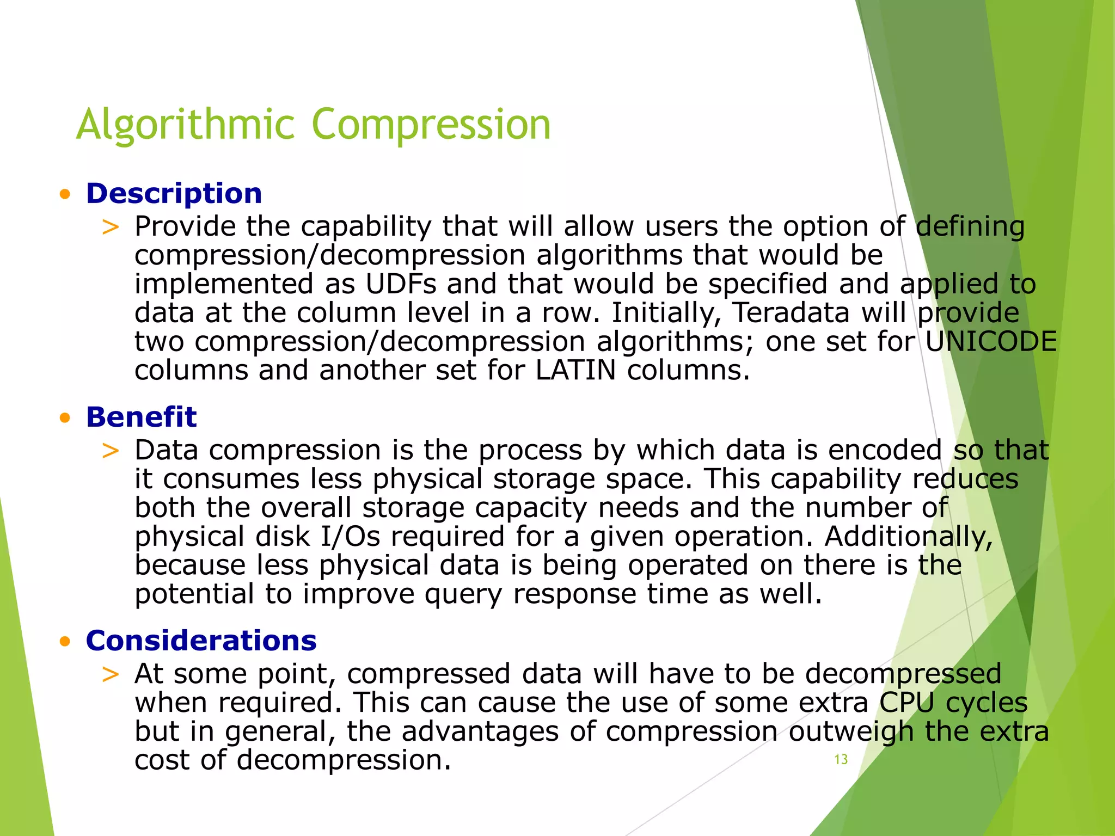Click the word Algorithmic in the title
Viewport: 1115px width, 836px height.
point(185,125)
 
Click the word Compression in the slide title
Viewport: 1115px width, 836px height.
point(431,125)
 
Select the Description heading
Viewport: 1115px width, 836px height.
point(174,194)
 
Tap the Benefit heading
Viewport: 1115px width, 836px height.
point(141,417)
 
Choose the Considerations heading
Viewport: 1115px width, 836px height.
point(201,641)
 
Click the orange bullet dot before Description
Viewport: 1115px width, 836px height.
point(65,194)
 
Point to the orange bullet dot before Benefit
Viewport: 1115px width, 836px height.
point(65,418)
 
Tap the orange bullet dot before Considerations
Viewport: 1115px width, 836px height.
point(65,642)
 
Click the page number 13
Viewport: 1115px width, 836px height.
point(841,760)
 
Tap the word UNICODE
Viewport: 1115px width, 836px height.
point(991,342)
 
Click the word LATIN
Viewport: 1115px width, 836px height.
point(575,371)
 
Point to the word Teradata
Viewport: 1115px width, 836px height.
point(791,313)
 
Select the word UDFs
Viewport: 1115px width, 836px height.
point(401,284)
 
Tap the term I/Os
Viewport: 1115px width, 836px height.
point(350,537)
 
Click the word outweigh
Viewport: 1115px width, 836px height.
point(850,731)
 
